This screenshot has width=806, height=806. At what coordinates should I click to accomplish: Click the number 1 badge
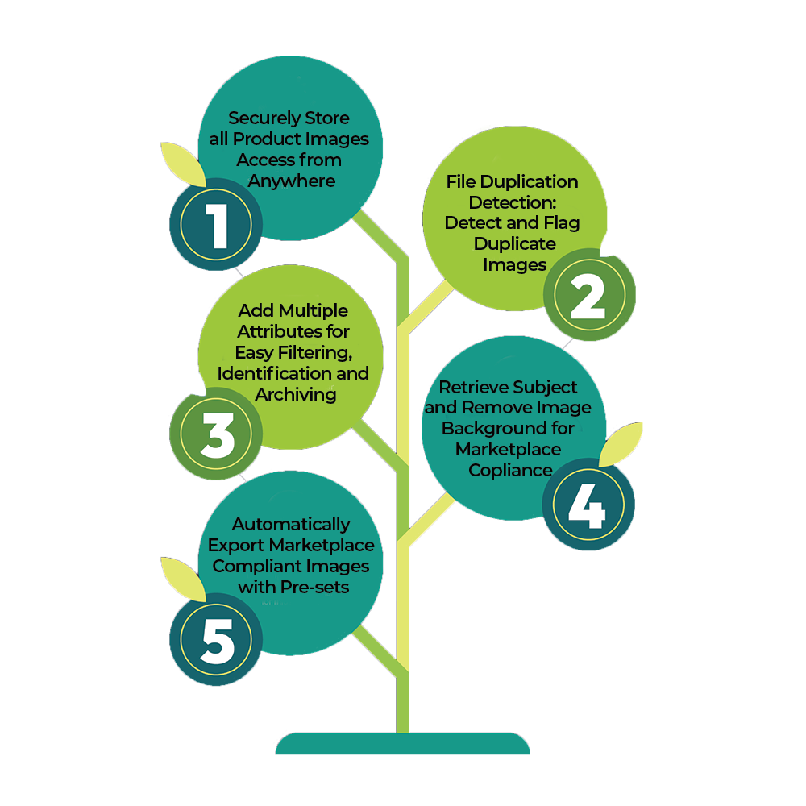point(216,225)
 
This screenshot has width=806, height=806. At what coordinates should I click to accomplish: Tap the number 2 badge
point(590,294)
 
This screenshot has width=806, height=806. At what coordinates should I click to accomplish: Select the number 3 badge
point(216,434)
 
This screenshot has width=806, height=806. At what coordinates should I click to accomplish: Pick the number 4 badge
point(588,505)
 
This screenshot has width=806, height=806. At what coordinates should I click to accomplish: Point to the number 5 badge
point(216,639)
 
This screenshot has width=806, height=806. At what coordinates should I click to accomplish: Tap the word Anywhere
point(292,181)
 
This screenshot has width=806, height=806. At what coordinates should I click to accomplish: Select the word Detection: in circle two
point(513,202)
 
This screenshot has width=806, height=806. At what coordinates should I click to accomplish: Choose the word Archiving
point(296,395)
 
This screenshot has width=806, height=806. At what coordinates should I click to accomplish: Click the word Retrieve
point(473,387)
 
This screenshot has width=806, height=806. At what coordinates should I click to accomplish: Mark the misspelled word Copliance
point(510,471)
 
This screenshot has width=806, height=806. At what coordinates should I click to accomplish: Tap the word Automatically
point(291,525)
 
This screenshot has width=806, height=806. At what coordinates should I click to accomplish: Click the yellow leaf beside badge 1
point(182,164)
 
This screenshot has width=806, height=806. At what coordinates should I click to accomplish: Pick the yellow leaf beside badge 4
point(621,443)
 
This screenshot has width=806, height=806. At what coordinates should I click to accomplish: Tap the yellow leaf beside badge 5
point(182,579)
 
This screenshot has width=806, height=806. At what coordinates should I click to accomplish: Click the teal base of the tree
point(402,743)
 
